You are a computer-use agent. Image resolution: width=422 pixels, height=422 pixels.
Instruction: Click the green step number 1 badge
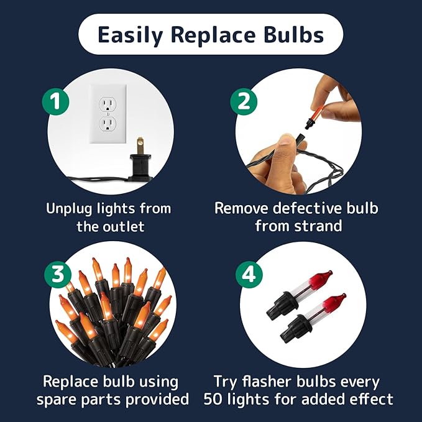[x=56, y=102]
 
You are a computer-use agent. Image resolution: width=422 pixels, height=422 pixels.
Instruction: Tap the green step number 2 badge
[x=244, y=102]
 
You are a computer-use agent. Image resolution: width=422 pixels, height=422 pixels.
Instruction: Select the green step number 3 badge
[x=58, y=274]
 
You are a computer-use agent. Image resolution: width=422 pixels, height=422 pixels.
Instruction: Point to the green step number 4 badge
[x=249, y=275]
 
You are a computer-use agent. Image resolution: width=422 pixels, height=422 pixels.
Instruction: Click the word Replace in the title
[x=213, y=35]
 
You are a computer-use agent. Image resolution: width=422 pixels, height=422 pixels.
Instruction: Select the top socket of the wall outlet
[x=108, y=104]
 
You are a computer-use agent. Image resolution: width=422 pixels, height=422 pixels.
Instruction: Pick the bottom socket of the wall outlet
[x=108, y=125]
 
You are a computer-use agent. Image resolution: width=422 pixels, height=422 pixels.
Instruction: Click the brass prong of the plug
[x=140, y=145]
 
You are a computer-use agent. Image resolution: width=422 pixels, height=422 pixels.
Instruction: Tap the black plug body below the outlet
[x=139, y=167]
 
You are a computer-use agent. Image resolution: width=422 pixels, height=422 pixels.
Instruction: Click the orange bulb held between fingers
[x=316, y=114]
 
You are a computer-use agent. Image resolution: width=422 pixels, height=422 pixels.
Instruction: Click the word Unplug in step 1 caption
[x=68, y=209]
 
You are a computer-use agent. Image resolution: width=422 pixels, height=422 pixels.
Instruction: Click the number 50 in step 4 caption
[x=214, y=399]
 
